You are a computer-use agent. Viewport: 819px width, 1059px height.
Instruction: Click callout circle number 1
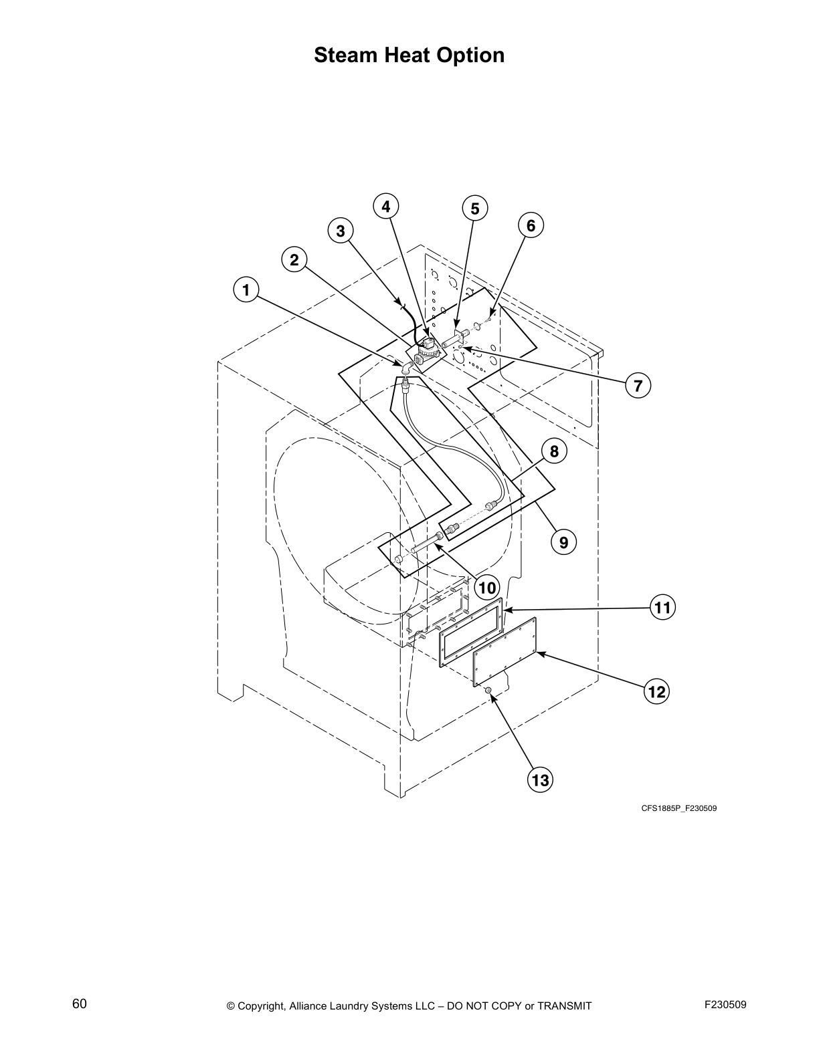246,290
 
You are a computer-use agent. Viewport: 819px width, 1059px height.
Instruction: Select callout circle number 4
386,207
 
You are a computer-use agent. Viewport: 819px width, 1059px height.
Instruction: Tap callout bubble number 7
638,385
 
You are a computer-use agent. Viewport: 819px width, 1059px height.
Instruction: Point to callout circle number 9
563,542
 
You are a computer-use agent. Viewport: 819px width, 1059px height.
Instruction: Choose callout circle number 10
486,587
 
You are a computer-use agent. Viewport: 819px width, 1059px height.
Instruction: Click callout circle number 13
540,780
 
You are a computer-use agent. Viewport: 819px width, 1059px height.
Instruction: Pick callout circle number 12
657,691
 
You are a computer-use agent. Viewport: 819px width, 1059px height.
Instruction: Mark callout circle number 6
531,226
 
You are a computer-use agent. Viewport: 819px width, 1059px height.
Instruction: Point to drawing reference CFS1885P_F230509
679,808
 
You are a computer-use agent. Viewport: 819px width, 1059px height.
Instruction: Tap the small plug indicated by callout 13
488,690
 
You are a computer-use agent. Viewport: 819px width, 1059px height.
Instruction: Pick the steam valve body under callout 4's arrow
426,349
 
